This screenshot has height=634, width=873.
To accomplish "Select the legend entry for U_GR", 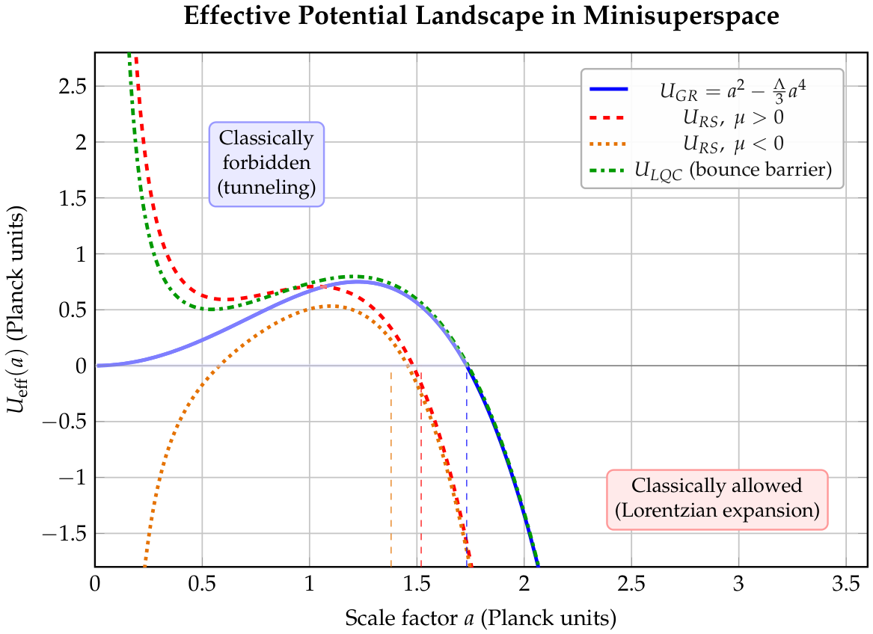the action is (698, 90).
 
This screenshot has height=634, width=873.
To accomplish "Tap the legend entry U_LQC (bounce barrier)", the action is (711, 170).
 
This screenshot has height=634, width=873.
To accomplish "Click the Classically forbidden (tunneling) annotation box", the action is (267, 164).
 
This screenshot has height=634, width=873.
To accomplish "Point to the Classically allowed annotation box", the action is (717, 499).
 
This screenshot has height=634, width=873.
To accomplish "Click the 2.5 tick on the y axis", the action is (73, 86).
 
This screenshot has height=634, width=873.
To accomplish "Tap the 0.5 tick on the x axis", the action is (202, 585).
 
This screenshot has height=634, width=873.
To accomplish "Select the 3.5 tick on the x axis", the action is (846, 585).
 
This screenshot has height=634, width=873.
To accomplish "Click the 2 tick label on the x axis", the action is (524, 585).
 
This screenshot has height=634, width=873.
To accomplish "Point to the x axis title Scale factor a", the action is (409, 618).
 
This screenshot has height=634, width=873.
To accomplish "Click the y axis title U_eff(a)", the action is (15, 375).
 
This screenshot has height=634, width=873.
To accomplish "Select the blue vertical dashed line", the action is (467, 467).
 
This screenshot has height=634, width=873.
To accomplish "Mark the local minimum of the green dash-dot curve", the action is (212, 309).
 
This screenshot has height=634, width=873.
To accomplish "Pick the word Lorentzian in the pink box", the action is (669, 511).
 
